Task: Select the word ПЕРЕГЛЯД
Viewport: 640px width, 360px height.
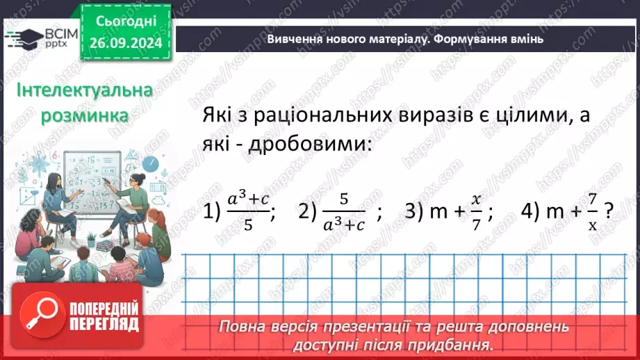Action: pyautogui.click(x=104, y=324)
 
